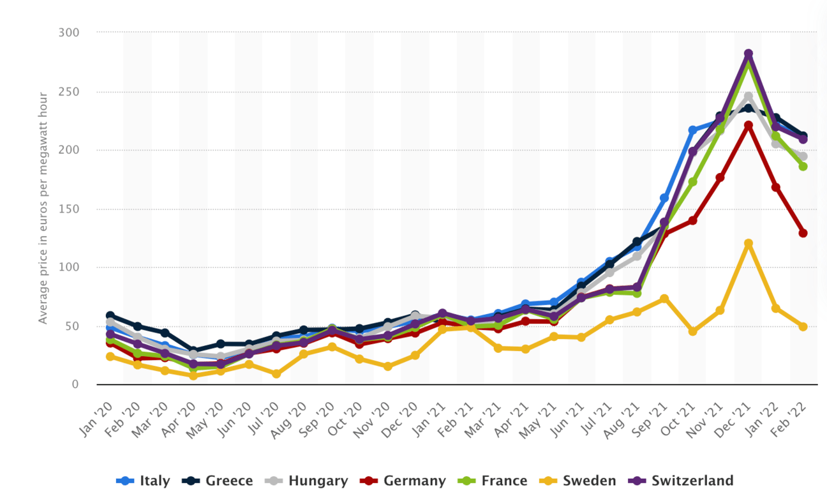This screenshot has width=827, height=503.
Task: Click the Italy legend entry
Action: pos(144,481)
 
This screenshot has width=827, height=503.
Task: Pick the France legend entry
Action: pos(492,481)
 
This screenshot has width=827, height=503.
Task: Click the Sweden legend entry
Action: pos(578,481)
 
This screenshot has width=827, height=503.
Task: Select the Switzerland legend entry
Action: pos(682,481)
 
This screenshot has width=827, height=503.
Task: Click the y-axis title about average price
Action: pos(43,208)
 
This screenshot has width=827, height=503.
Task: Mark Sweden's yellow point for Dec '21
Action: pos(749,244)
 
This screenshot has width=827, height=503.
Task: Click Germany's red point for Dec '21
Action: pos(749,126)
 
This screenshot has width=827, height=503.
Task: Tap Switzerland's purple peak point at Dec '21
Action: pos(749,54)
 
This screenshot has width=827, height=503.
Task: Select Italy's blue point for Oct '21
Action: pos(692,130)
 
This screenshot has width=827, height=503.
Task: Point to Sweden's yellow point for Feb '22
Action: pos(803,326)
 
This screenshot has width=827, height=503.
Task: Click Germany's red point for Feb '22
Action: pos(803,233)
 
